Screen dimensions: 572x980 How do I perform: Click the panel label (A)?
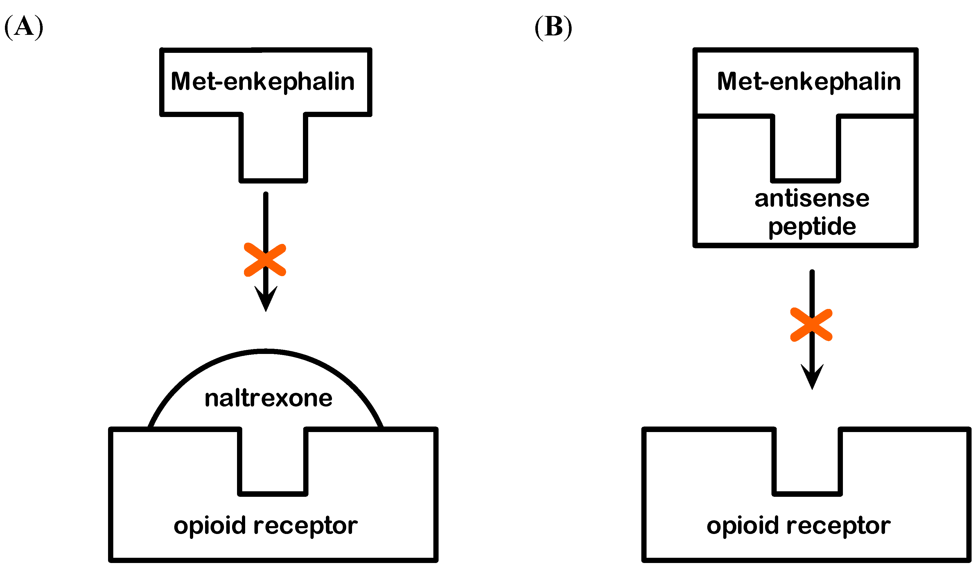pyautogui.click(x=24, y=27)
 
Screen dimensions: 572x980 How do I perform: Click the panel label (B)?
pyautogui.click(x=553, y=27)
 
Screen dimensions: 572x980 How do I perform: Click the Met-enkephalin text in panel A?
pyautogui.click(x=263, y=81)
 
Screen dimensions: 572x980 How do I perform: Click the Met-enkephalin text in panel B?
pyautogui.click(x=809, y=81)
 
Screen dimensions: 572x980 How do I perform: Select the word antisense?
pyautogui.click(x=812, y=199)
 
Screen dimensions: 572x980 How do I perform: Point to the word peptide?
pyautogui.click(x=812, y=227)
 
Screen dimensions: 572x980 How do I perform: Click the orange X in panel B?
pyautogui.click(x=812, y=325)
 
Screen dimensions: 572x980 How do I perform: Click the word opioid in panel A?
pyautogui.click(x=210, y=526)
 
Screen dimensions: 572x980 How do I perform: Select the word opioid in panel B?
pyautogui.click(x=743, y=526)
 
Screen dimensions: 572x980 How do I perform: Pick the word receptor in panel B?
pyautogui.click(x=839, y=526)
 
